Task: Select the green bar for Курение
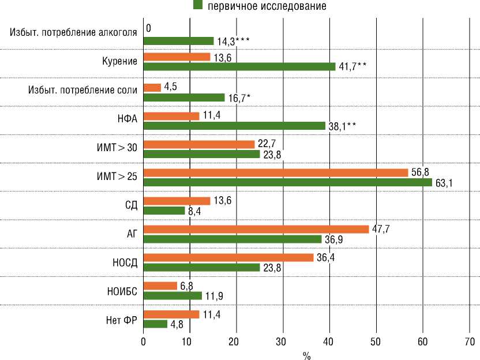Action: coord(239,66)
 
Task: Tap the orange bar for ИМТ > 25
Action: coord(275,172)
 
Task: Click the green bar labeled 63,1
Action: coord(287,182)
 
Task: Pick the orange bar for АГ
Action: coord(256,229)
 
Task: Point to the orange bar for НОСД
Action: coord(228,257)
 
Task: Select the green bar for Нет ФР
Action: coord(155,324)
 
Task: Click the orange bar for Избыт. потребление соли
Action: coord(152,88)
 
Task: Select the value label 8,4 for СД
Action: coord(195,211)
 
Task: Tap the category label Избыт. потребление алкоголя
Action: coord(73,32)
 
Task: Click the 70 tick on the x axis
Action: coord(470,342)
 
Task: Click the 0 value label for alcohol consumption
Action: coord(149,28)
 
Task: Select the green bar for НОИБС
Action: coord(172,295)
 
